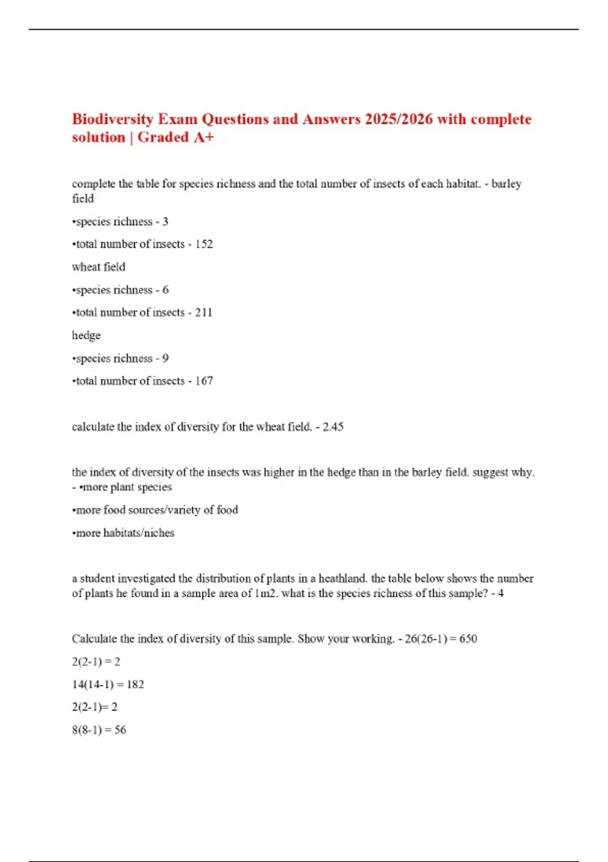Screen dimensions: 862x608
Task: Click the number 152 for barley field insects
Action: click(x=204, y=244)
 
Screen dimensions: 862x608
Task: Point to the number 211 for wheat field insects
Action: click(x=204, y=312)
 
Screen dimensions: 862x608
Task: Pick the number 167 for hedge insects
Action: click(x=204, y=381)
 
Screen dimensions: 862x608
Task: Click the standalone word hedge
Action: click(x=86, y=336)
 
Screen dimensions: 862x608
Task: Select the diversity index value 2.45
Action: click(x=333, y=427)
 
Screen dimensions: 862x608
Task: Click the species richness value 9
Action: click(x=165, y=358)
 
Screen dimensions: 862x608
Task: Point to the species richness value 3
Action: click(x=165, y=222)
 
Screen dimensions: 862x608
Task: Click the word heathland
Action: click(x=342, y=579)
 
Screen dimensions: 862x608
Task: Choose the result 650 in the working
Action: click(x=468, y=639)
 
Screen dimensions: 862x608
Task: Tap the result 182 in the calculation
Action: click(x=135, y=685)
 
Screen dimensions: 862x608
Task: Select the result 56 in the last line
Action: click(x=120, y=730)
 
